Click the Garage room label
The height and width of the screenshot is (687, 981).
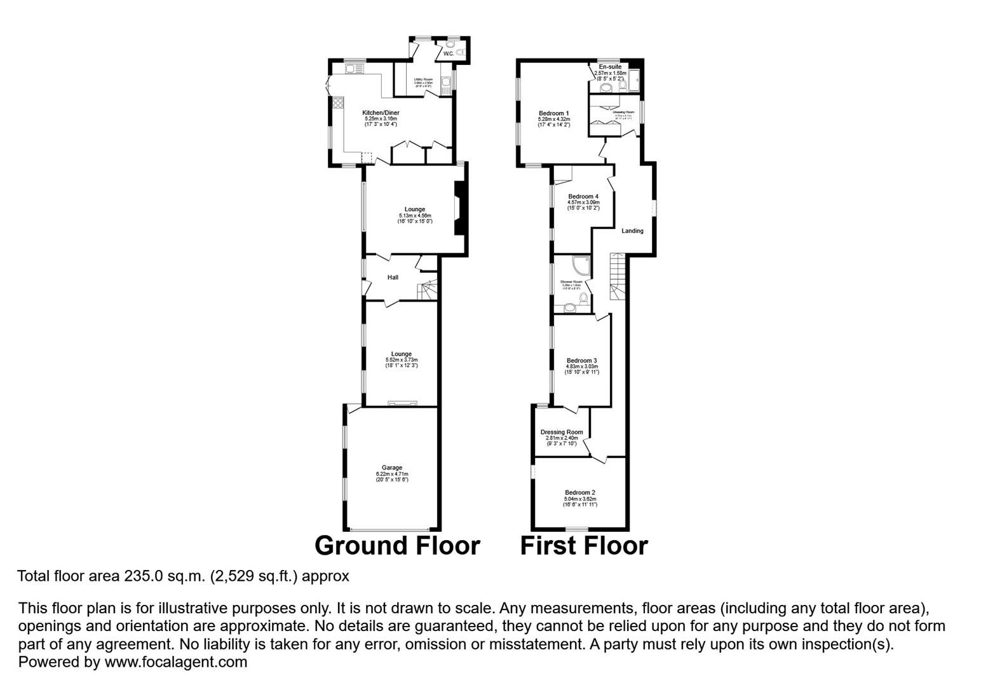391,468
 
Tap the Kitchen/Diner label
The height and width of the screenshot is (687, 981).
381,113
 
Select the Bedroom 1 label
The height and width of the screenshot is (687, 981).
553,113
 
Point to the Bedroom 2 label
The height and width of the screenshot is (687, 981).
579,492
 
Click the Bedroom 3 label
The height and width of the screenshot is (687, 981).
581,361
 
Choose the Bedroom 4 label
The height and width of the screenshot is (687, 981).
583,197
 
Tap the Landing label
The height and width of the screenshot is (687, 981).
632,231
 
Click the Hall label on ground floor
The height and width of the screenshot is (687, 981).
393,277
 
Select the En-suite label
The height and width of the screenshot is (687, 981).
610,67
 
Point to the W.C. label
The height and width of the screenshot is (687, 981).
449,54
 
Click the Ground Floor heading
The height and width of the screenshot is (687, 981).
397,546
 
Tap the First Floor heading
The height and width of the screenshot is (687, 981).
584,546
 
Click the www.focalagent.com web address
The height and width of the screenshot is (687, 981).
176,662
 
